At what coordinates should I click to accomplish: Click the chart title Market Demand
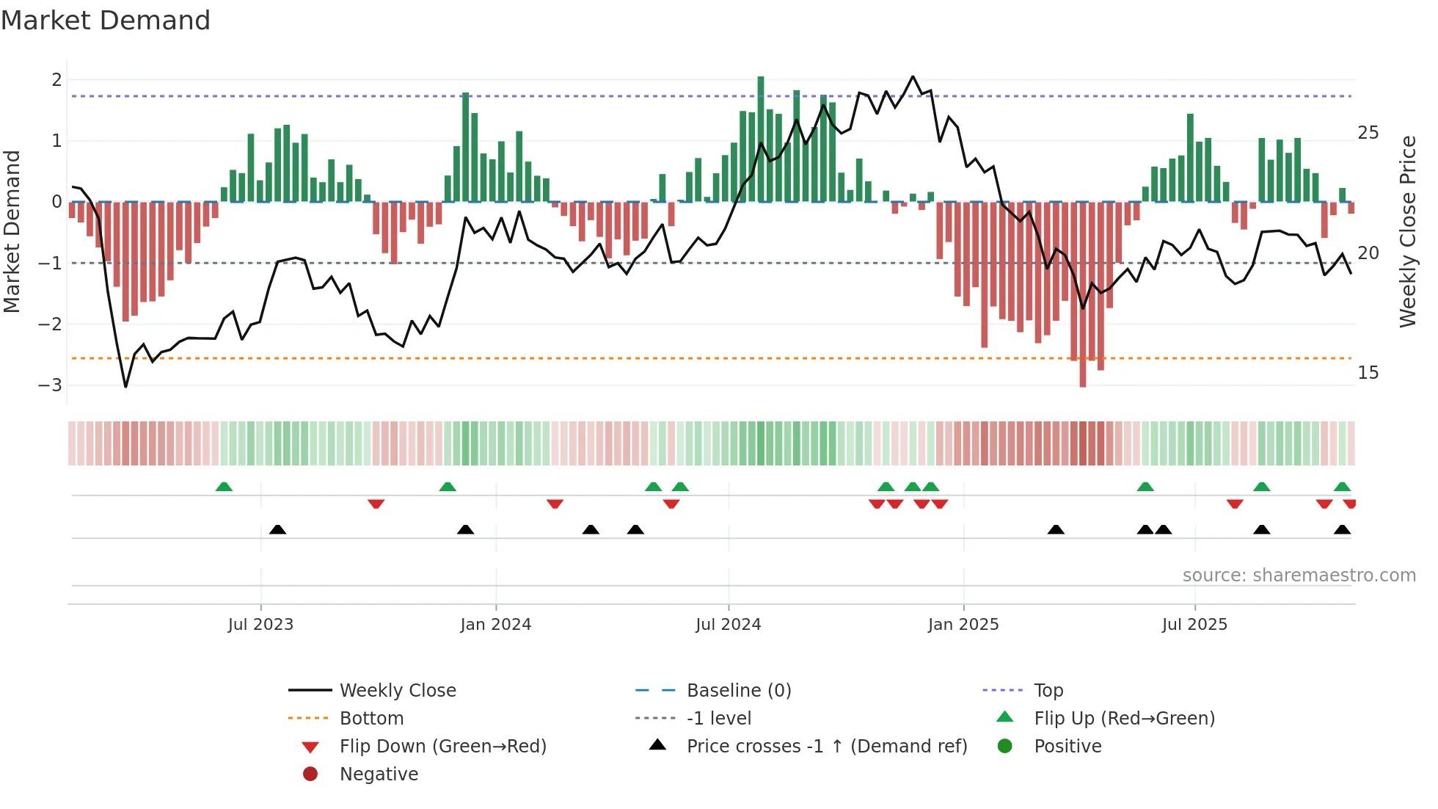106,21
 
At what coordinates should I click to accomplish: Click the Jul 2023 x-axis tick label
260,625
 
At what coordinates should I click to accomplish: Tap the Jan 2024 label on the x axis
495,625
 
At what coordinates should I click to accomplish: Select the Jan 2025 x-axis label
963,625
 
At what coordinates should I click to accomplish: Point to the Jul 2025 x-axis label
1194,625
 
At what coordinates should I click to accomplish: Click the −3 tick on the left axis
50,385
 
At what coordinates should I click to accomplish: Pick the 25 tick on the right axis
1368,133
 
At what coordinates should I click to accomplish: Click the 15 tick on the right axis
1368,373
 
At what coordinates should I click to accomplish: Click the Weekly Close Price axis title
1407,231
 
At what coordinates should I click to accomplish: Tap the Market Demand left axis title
12,231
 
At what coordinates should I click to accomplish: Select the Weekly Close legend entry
397,691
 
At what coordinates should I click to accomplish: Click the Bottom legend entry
371,719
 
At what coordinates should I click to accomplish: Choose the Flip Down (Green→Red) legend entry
442,747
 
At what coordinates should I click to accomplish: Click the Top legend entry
1048,691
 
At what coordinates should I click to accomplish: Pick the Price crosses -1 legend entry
826,747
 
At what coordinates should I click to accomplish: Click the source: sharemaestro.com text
1299,576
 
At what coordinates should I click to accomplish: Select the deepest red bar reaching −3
1083,294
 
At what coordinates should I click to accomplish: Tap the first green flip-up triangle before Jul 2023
224,487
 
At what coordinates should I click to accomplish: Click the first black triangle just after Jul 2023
277,529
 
